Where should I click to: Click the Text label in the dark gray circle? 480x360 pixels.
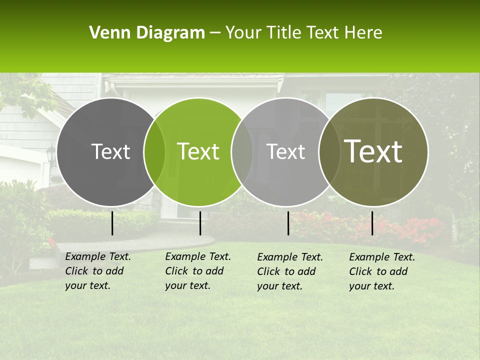tap(110, 152)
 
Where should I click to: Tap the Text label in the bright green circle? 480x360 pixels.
tap(198, 152)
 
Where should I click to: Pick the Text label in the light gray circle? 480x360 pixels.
tap(286, 152)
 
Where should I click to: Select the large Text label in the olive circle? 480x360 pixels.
tap(373, 151)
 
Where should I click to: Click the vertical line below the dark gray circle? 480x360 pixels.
tap(112, 223)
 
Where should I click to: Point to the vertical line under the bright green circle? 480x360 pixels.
tap(200, 223)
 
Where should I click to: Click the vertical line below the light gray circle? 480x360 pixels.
tap(288, 223)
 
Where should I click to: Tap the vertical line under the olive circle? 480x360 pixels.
tap(372, 223)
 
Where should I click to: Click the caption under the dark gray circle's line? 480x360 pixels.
tap(97, 271)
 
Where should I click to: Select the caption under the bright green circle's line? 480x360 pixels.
tap(197, 271)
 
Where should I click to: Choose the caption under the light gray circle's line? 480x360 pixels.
tap(289, 271)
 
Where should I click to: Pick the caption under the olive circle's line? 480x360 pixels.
tap(381, 271)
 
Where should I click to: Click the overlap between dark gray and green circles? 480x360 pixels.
tap(154, 152)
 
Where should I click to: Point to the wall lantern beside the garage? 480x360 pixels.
tap(51, 155)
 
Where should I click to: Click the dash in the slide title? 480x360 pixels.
tap(215, 33)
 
